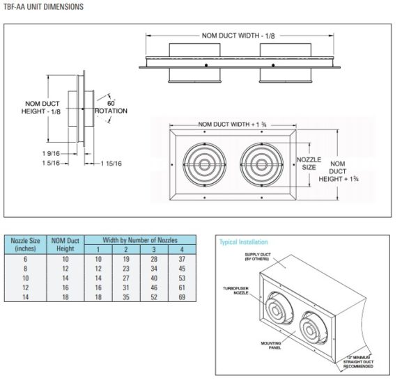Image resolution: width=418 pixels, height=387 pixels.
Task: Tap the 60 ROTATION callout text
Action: [x=111, y=106]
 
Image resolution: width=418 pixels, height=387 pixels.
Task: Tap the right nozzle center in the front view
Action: [x=263, y=164]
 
